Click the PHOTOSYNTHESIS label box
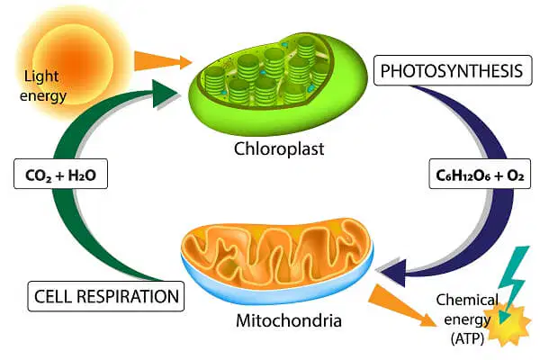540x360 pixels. point(453,70)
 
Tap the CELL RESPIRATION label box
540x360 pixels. point(106,296)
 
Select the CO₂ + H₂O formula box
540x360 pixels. point(60,174)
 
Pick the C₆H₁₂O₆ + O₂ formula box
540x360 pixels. point(480,174)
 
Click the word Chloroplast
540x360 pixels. point(279,148)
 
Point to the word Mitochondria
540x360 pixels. point(289,320)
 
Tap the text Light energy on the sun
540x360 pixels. point(42,85)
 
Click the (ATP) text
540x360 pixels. point(467,338)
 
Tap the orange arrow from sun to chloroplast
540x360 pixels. point(163,61)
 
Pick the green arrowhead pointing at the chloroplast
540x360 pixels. point(165,93)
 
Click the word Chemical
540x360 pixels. point(467,301)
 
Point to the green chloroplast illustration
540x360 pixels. point(277,84)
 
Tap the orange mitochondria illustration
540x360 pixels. point(277,259)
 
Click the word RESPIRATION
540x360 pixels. point(131,296)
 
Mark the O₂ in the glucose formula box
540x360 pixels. point(516,175)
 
